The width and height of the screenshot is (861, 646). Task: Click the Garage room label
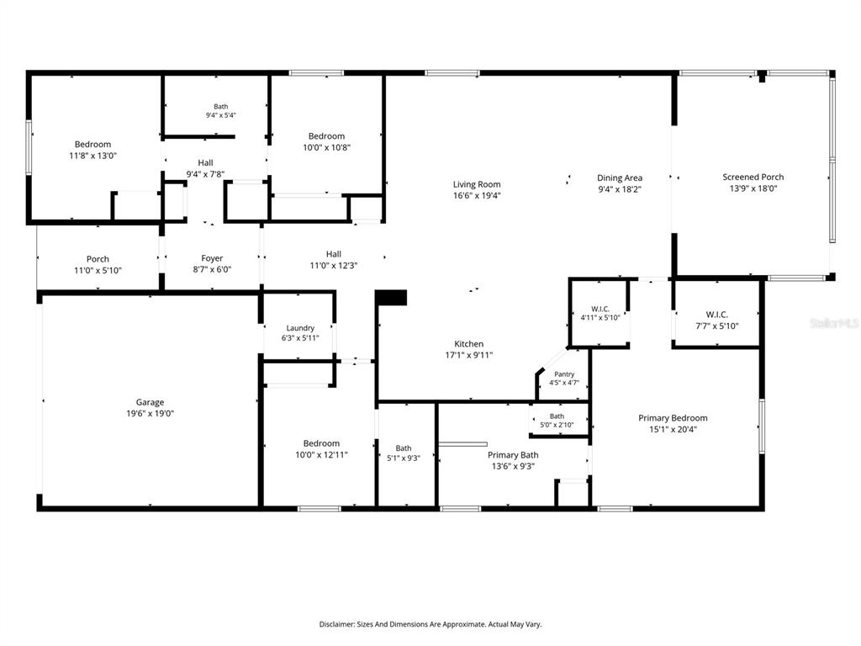pos(150,402)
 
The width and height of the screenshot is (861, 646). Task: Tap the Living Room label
pos(477,184)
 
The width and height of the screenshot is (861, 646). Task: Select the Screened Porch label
pos(753,177)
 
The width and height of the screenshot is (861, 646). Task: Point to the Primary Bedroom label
pos(673,418)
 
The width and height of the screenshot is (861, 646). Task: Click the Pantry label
pos(564,374)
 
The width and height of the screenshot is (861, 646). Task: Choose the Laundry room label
pos(300,329)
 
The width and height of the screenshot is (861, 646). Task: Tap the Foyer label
pos(212,258)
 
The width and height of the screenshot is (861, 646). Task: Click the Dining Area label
pos(620,178)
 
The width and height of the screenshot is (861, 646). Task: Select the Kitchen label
pos(468,344)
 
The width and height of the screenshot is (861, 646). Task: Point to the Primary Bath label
pos(513,455)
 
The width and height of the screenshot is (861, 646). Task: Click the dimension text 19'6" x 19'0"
pos(150,414)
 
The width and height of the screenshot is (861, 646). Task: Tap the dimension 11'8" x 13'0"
pos(92,156)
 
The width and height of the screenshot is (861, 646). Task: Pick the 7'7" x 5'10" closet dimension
pos(716,326)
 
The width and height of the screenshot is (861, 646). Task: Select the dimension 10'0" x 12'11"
pos(321,455)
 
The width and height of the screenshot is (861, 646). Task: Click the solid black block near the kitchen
pos(391,298)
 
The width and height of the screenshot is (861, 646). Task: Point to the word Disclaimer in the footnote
pos(336,625)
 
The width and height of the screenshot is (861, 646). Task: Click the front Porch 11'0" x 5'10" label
pos(98,265)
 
